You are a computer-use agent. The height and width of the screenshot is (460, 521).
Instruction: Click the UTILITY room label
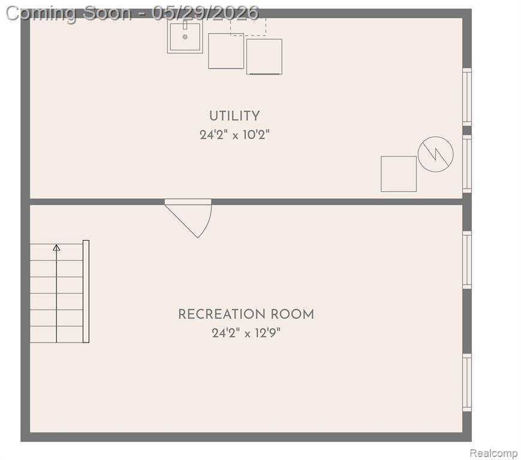pos(234,116)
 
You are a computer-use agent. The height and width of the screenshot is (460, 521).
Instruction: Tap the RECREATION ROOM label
pos(246,314)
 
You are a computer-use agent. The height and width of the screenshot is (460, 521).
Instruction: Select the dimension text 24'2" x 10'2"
pos(234,135)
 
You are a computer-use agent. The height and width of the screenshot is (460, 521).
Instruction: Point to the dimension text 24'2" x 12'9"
pos(246,332)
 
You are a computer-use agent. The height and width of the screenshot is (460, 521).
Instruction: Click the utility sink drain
pos(185,37)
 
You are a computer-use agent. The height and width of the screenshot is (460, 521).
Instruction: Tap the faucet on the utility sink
pos(185,25)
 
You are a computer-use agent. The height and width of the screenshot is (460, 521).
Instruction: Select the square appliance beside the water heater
pos(399,174)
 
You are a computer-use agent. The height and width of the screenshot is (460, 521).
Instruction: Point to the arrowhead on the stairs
pos(56,247)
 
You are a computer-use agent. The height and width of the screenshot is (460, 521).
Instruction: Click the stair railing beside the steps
pos(86,292)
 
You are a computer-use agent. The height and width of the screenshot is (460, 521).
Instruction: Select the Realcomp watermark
pos(493,453)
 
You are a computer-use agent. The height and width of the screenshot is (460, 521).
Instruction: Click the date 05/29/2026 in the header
pos(206,13)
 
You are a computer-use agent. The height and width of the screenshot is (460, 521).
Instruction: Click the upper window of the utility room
pos(467,97)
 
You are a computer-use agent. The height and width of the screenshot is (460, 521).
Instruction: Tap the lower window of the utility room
pos(467,164)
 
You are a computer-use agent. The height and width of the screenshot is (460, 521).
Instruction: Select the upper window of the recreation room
pos(467,260)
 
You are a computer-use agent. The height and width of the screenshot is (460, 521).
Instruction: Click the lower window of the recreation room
pos(467,383)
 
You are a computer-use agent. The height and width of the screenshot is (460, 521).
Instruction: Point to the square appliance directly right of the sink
pos(226,51)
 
